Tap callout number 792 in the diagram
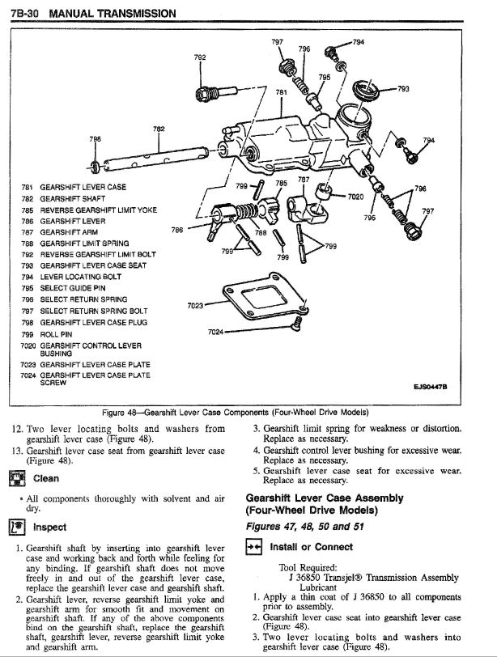(x=200, y=57)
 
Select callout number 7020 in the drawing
(x=357, y=197)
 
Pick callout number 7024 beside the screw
(x=215, y=331)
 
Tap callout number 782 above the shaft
(x=159, y=129)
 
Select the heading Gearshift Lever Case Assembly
(x=324, y=498)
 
